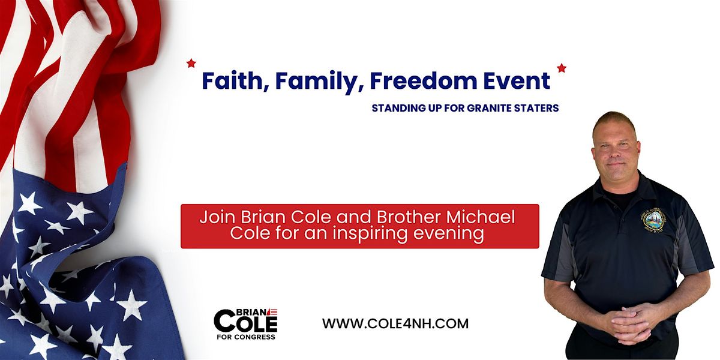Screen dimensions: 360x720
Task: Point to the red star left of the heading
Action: coord(191,62)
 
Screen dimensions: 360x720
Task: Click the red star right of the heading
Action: coord(562,68)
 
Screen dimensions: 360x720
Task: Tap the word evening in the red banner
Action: coord(453,234)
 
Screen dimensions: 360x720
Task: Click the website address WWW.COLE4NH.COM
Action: coord(395,323)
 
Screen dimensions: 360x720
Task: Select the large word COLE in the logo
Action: coord(245,323)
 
